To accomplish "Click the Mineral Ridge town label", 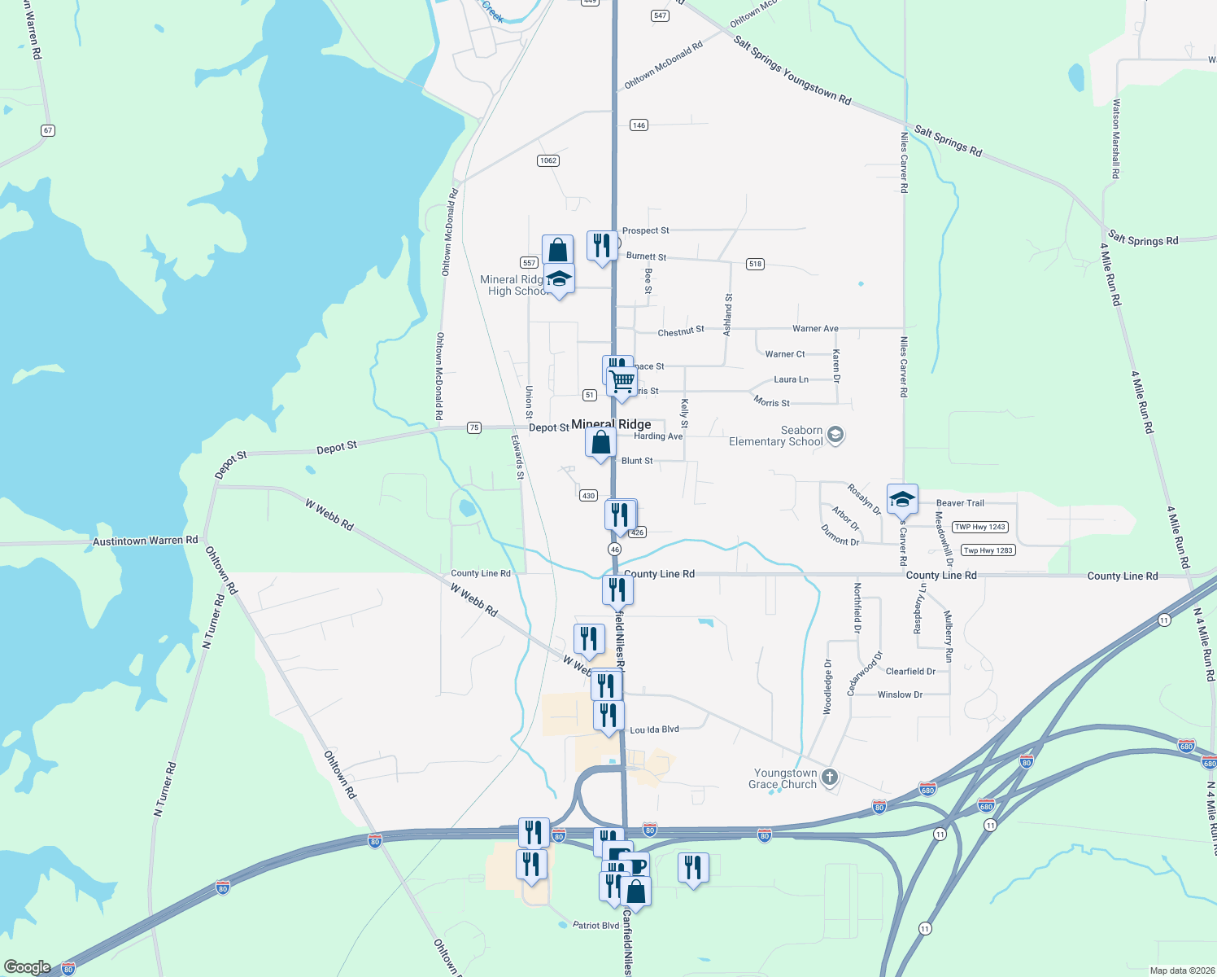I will point(611,424).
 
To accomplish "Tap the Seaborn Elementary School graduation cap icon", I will point(835,436).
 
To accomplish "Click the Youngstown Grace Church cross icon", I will point(829,778).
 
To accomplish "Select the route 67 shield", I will point(48,130).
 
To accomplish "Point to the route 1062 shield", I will point(548,160).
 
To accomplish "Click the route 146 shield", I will point(639,125).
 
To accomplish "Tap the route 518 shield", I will point(755,264).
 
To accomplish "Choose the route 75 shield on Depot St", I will point(474,427).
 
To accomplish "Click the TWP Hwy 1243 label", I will point(980,527).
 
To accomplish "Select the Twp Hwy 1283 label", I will point(988,550).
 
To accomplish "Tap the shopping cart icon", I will point(622,380).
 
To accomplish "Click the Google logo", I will point(27,967).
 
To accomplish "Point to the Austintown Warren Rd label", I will point(145,541).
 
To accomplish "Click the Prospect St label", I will point(645,230).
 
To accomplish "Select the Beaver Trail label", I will point(960,503).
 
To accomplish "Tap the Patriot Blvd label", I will point(595,925).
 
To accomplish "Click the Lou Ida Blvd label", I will point(654,729).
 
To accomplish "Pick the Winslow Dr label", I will point(900,694).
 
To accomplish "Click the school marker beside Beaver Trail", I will point(902,499).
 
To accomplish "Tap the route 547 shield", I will point(660,15).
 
